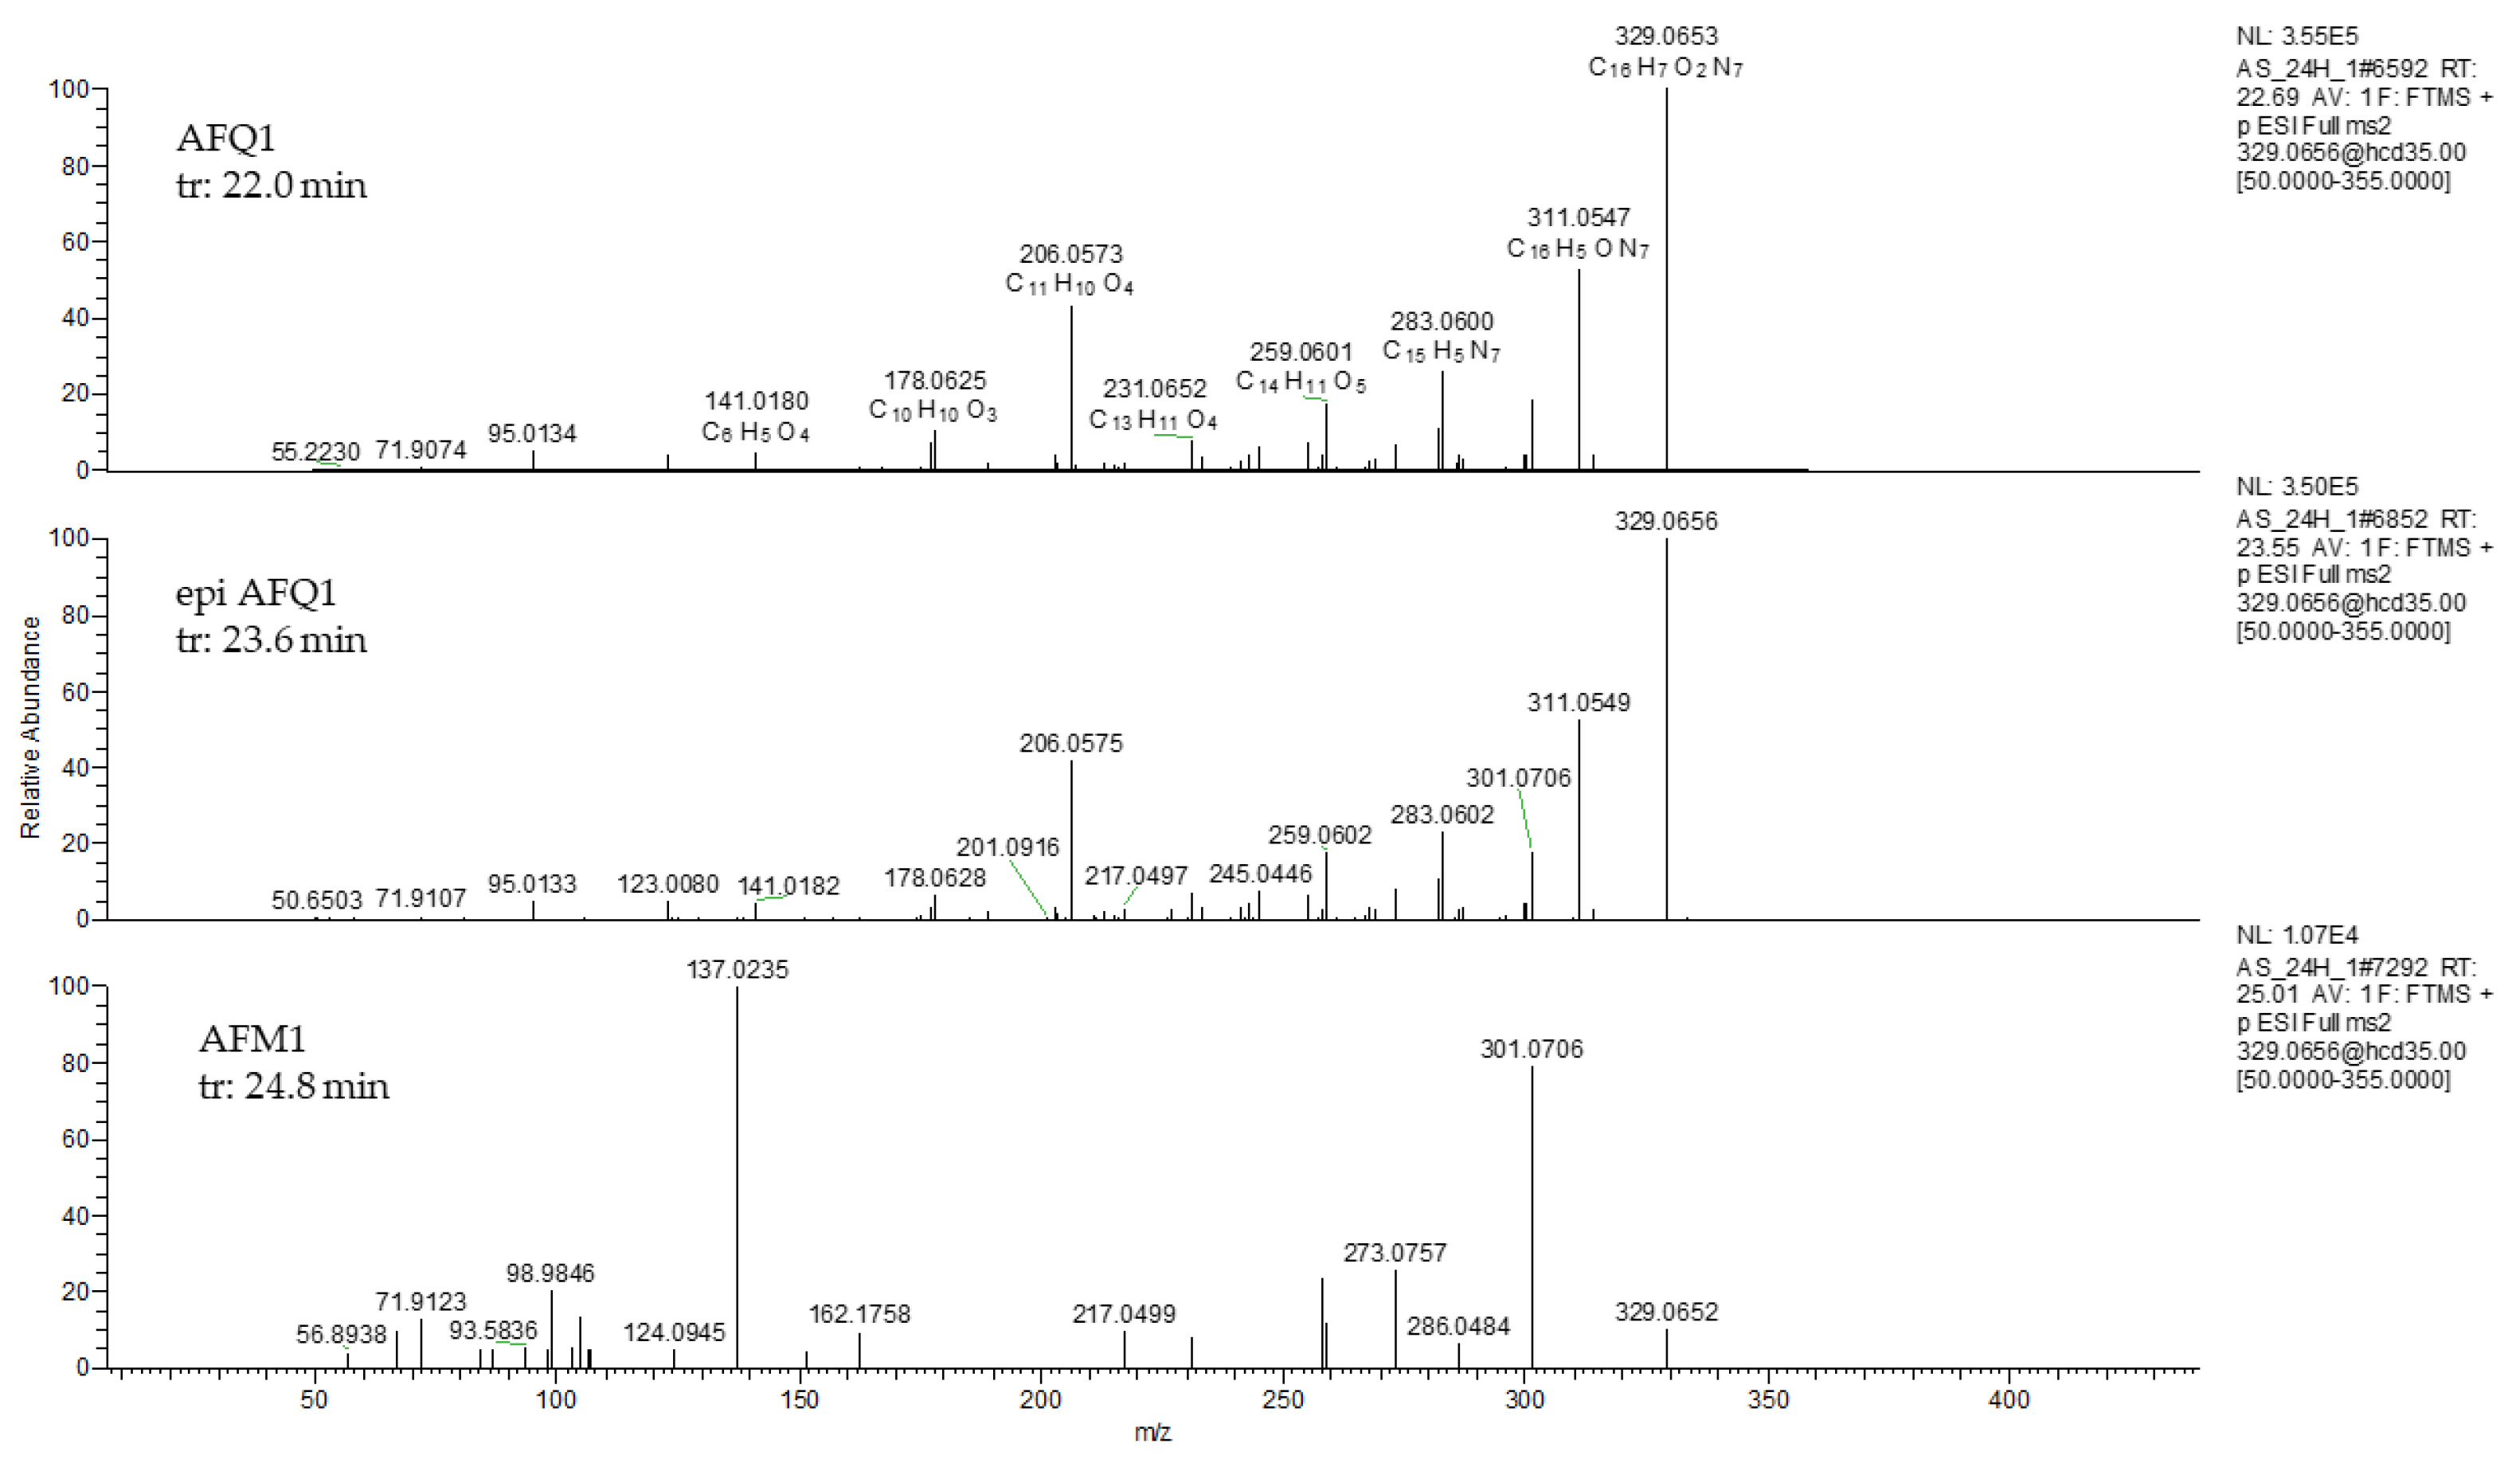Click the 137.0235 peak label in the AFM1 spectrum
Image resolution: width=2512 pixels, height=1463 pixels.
(x=737, y=970)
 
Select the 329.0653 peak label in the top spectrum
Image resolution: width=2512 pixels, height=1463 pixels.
(x=1665, y=36)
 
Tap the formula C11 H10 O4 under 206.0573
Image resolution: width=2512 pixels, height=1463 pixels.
(x=1070, y=285)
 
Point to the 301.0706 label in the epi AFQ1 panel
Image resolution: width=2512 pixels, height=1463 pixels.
(x=1517, y=777)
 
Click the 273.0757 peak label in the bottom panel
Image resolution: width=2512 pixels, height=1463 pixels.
(x=1394, y=1253)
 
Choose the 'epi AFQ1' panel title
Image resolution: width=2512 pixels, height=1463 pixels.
(x=256, y=593)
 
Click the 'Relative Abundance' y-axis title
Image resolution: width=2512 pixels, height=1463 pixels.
(x=31, y=726)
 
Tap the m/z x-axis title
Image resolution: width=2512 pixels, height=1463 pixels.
(x=1152, y=1433)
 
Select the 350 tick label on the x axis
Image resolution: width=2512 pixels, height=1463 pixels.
(x=1768, y=1399)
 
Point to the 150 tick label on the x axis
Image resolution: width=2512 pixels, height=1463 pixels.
(x=799, y=1399)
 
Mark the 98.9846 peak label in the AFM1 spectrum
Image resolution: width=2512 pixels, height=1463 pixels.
(x=550, y=1273)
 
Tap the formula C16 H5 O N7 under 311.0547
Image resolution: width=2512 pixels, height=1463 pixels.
(x=1577, y=248)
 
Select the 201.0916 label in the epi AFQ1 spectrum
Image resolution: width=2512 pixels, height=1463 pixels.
(x=1008, y=847)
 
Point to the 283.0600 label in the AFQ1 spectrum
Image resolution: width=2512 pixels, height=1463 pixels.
(x=1442, y=321)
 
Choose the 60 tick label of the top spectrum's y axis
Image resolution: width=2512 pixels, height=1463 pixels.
(x=75, y=242)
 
